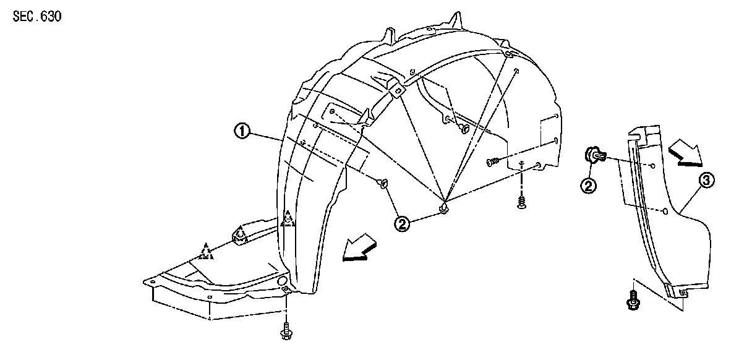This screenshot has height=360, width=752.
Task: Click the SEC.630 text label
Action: coord(37,15)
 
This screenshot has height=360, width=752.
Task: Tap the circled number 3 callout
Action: coord(707,181)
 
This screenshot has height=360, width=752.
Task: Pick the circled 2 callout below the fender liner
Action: coord(403,225)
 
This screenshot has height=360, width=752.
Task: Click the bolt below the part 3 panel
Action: coord(632,301)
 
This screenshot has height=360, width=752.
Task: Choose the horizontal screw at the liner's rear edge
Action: coord(493,162)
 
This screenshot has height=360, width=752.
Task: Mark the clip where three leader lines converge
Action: coord(443,209)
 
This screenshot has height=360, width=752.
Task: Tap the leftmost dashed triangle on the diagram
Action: coord(206,251)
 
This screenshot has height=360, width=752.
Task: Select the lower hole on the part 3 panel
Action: coord(665,211)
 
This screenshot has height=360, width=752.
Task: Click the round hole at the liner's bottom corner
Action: coord(283,282)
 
